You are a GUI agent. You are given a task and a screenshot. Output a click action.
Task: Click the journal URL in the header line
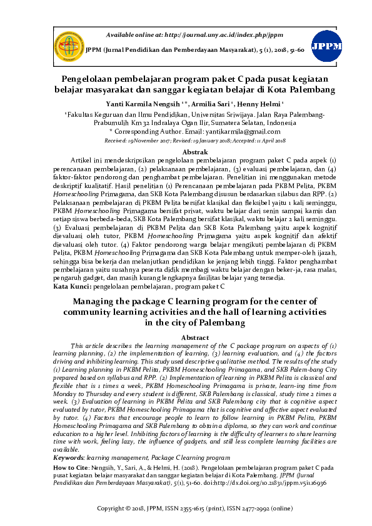click(x=213, y=34)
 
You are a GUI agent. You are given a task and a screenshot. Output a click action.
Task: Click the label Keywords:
click(x=69, y=458)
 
